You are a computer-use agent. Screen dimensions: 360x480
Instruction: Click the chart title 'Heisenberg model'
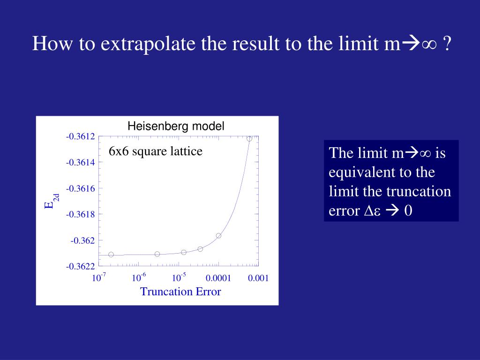[x=176, y=126]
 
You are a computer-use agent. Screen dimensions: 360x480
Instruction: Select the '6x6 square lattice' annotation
[x=156, y=151]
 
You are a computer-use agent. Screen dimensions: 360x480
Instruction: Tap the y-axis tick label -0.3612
[x=80, y=136]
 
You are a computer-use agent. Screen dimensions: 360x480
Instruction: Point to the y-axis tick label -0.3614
[x=80, y=163]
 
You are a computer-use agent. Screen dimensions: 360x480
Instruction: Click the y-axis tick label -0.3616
[x=80, y=188]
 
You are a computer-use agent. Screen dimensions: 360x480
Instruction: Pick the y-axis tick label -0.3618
[x=80, y=214]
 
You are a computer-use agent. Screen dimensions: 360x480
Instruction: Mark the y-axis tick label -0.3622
[x=80, y=266]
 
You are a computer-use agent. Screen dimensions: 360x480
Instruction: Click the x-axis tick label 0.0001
[x=218, y=278]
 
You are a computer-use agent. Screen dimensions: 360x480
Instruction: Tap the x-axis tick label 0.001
[x=258, y=278]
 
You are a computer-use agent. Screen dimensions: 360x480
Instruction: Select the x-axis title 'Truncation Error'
[x=180, y=292]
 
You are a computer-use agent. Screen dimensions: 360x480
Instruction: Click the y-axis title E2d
[x=51, y=202]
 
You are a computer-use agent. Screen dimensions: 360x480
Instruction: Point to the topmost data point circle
[x=249, y=138]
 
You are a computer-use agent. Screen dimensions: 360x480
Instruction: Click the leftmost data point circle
[x=111, y=255]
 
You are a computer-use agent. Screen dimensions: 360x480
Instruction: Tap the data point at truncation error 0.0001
[x=218, y=236]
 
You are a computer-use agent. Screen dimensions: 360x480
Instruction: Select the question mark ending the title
[x=447, y=44]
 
